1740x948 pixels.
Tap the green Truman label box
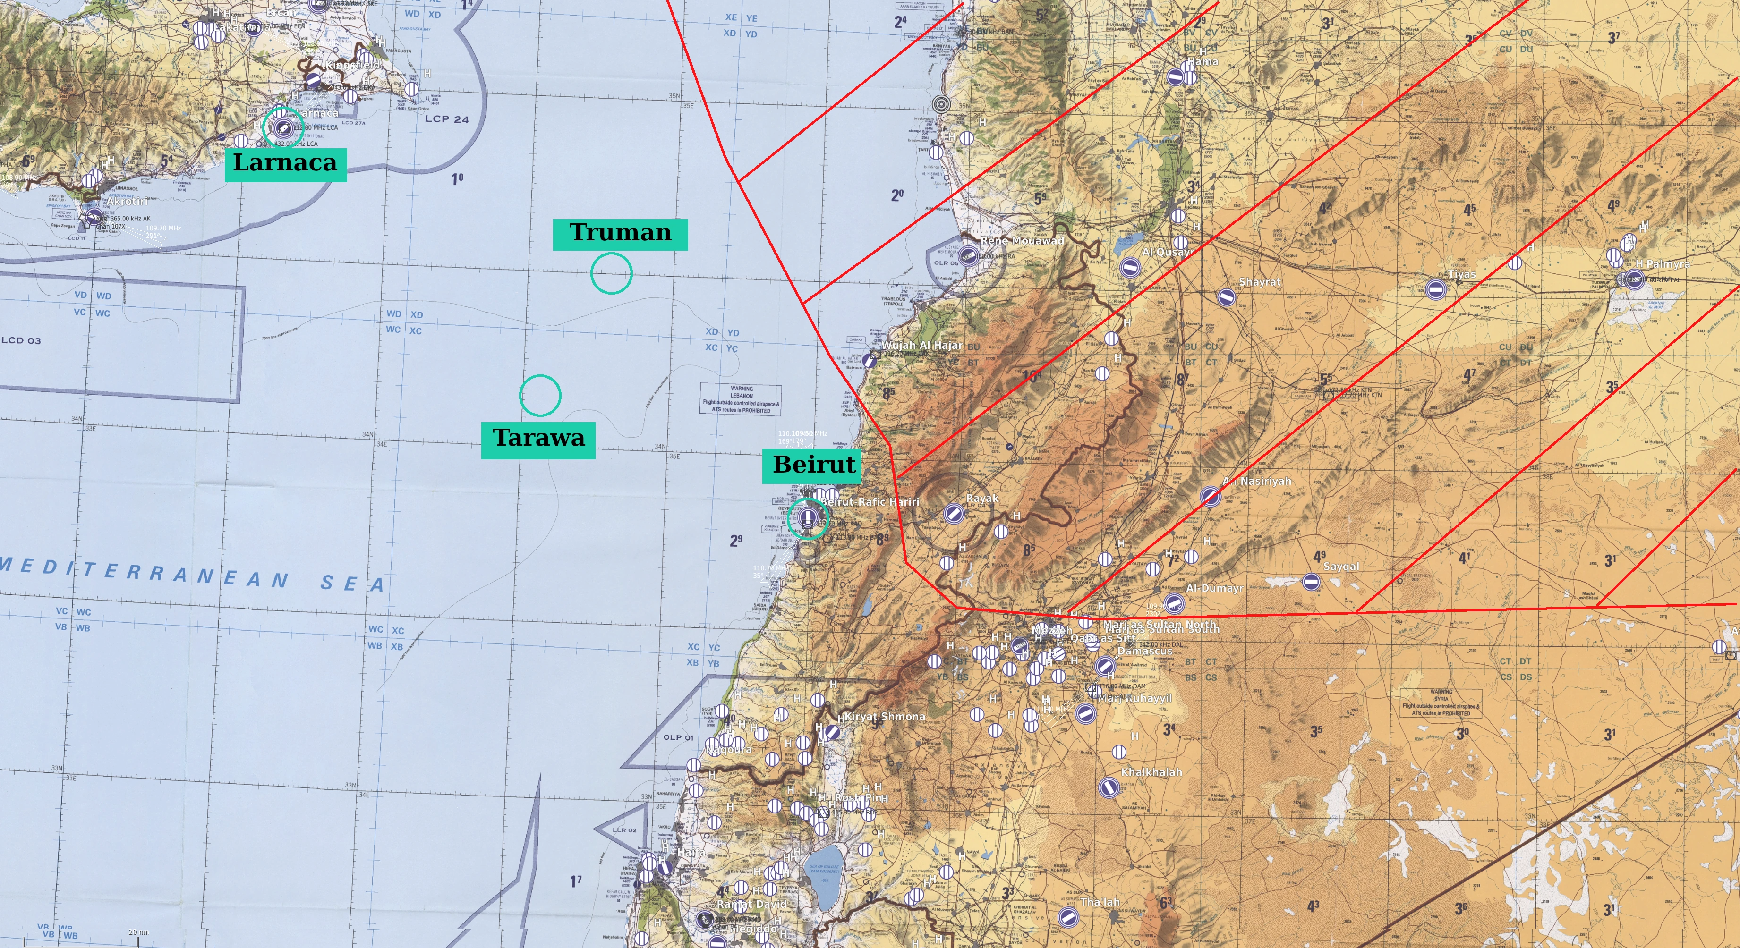pos(620,234)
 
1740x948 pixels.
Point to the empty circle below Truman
pos(611,273)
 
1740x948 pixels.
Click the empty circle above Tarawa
pos(540,395)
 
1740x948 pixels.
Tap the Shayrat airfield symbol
pos(1227,296)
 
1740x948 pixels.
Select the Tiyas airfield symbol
pos(1436,289)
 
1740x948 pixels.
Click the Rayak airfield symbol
pos(953,513)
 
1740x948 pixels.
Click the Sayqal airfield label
pos(1341,567)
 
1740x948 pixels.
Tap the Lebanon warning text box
pos(741,399)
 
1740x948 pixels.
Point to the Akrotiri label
pos(127,201)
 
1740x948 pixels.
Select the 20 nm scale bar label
pos(138,932)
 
